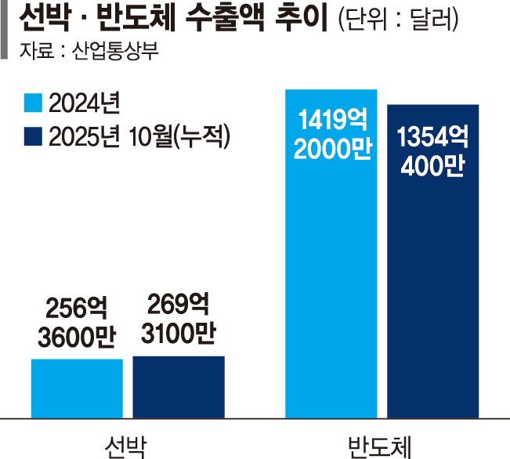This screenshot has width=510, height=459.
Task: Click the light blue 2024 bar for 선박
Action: (x=77, y=389)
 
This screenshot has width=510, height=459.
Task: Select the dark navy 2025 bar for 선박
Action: (x=178, y=387)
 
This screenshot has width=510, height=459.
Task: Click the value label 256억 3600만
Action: (x=77, y=321)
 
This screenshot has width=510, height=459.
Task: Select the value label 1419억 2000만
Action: (x=331, y=135)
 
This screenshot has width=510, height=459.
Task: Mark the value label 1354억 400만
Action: (x=432, y=152)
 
